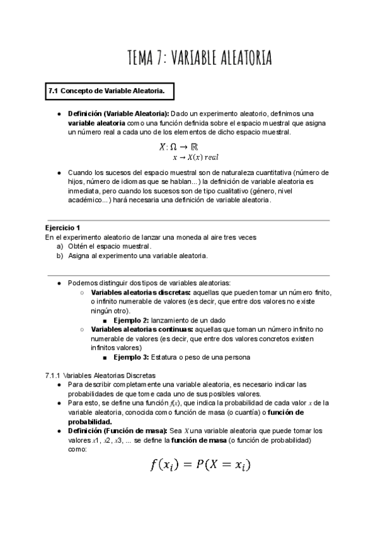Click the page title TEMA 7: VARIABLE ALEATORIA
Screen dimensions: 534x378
click(x=199, y=59)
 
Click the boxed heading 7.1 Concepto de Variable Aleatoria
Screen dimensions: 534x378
click(x=106, y=92)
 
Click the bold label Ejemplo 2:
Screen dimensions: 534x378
click(x=135, y=321)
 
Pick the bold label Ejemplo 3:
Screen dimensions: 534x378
click(x=135, y=357)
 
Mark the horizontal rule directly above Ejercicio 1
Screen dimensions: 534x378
click(x=189, y=220)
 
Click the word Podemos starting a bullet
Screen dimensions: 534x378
click(x=82, y=283)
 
